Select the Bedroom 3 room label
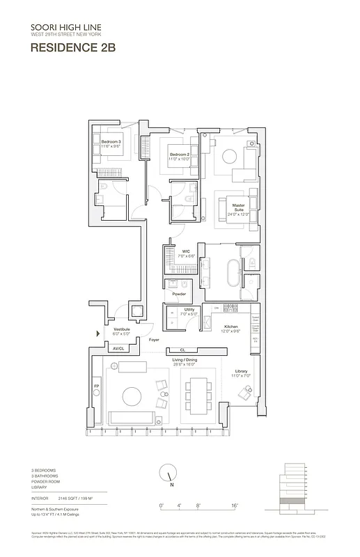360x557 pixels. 111,142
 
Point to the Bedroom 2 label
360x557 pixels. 179,154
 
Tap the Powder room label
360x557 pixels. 179,294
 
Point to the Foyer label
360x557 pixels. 154,339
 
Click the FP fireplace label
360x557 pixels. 96,385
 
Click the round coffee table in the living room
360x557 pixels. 132,397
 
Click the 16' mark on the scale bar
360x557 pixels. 235,505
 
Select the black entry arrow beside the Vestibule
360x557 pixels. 98,334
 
